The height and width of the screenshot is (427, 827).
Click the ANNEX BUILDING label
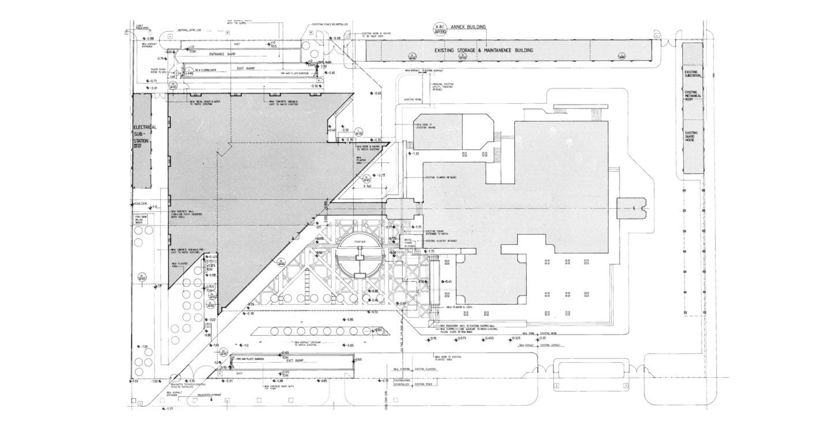469,27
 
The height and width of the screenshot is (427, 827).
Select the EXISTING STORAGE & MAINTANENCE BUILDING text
483,51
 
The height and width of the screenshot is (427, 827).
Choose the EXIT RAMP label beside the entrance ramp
246,68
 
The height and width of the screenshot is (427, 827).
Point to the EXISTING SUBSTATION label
692,73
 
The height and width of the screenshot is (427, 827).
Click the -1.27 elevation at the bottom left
170,409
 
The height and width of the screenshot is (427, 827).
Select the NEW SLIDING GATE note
205,70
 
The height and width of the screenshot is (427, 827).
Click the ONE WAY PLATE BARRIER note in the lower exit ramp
249,358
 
